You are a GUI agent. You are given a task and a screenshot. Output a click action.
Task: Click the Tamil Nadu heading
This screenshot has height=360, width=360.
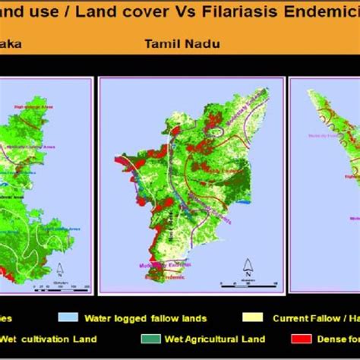(182, 43)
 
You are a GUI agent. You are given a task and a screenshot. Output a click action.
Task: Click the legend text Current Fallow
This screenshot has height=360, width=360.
(311, 317)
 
